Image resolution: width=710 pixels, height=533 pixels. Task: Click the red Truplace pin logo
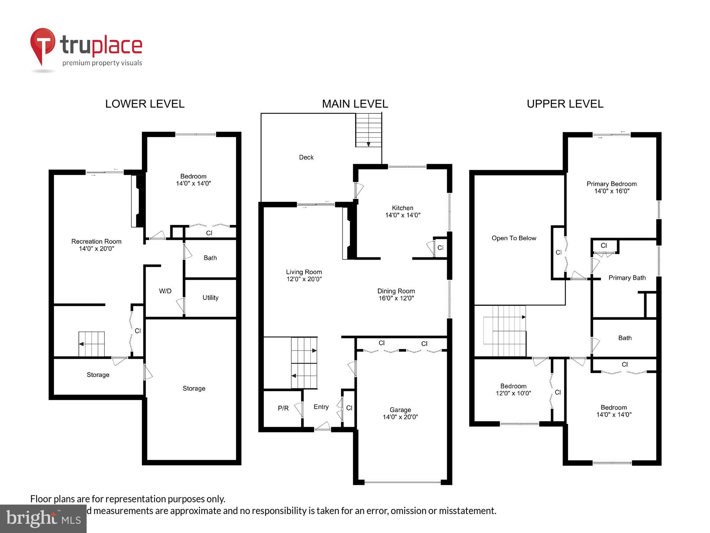click(x=43, y=44)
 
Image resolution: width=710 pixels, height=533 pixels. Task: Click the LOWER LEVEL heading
click(x=144, y=104)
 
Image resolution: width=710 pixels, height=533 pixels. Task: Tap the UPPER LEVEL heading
click(x=565, y=104)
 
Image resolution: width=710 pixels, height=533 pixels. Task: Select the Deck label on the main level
click(x=306, y=157)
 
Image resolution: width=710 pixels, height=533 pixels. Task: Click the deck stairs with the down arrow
click(x=368, y=130)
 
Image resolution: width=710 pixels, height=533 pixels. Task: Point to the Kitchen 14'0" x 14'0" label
click(x=403, y=211)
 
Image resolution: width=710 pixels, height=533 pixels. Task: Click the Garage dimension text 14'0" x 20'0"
click(x=400, y=417)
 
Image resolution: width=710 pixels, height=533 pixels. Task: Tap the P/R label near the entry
click(x=283, y=408)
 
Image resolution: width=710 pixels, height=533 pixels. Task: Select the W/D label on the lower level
click(x=165, y=291)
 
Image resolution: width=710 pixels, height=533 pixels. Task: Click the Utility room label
click(x=210, y=298)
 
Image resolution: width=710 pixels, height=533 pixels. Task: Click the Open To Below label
click(x=514, y=238)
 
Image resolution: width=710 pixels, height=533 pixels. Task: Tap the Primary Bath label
click(x=627, y=278)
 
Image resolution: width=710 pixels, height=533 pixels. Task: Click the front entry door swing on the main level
click(x=322, y=426)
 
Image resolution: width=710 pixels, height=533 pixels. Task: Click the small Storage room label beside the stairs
click(x=98, y=375)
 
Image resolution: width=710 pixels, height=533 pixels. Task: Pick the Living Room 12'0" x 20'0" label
click(x=304, y=275)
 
